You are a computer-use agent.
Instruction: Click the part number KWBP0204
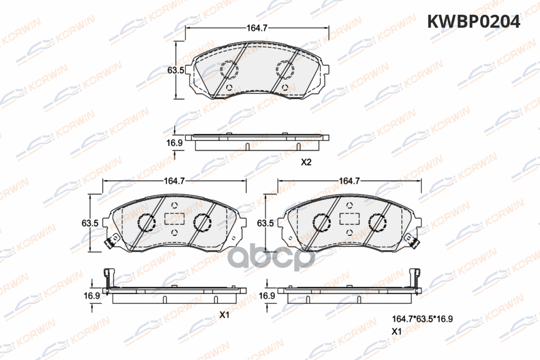pyautogui.click(x=474, y=22)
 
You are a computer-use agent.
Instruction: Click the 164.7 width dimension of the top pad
pyautogui.click(x=257, y=28)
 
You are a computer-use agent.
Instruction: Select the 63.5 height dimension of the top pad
pyautogui.click(x=176, y=70)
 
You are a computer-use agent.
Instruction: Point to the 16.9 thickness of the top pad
pyautogui.click(x=175, y=143)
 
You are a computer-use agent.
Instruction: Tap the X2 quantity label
pyautogui.click(x=306, y=162)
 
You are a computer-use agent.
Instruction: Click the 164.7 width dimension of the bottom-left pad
pyautogui.click(x=174, y=181)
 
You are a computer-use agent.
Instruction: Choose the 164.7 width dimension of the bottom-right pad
pyautogui.click(x=349, y=181)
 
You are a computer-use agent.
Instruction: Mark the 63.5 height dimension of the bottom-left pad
pyautogui.click(x=90, y=223)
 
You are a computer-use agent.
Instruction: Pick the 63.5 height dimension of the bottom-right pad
pyautogui.click(x=265, y=223)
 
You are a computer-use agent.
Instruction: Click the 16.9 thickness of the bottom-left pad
pyautogui.click(x=92, y=296)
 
